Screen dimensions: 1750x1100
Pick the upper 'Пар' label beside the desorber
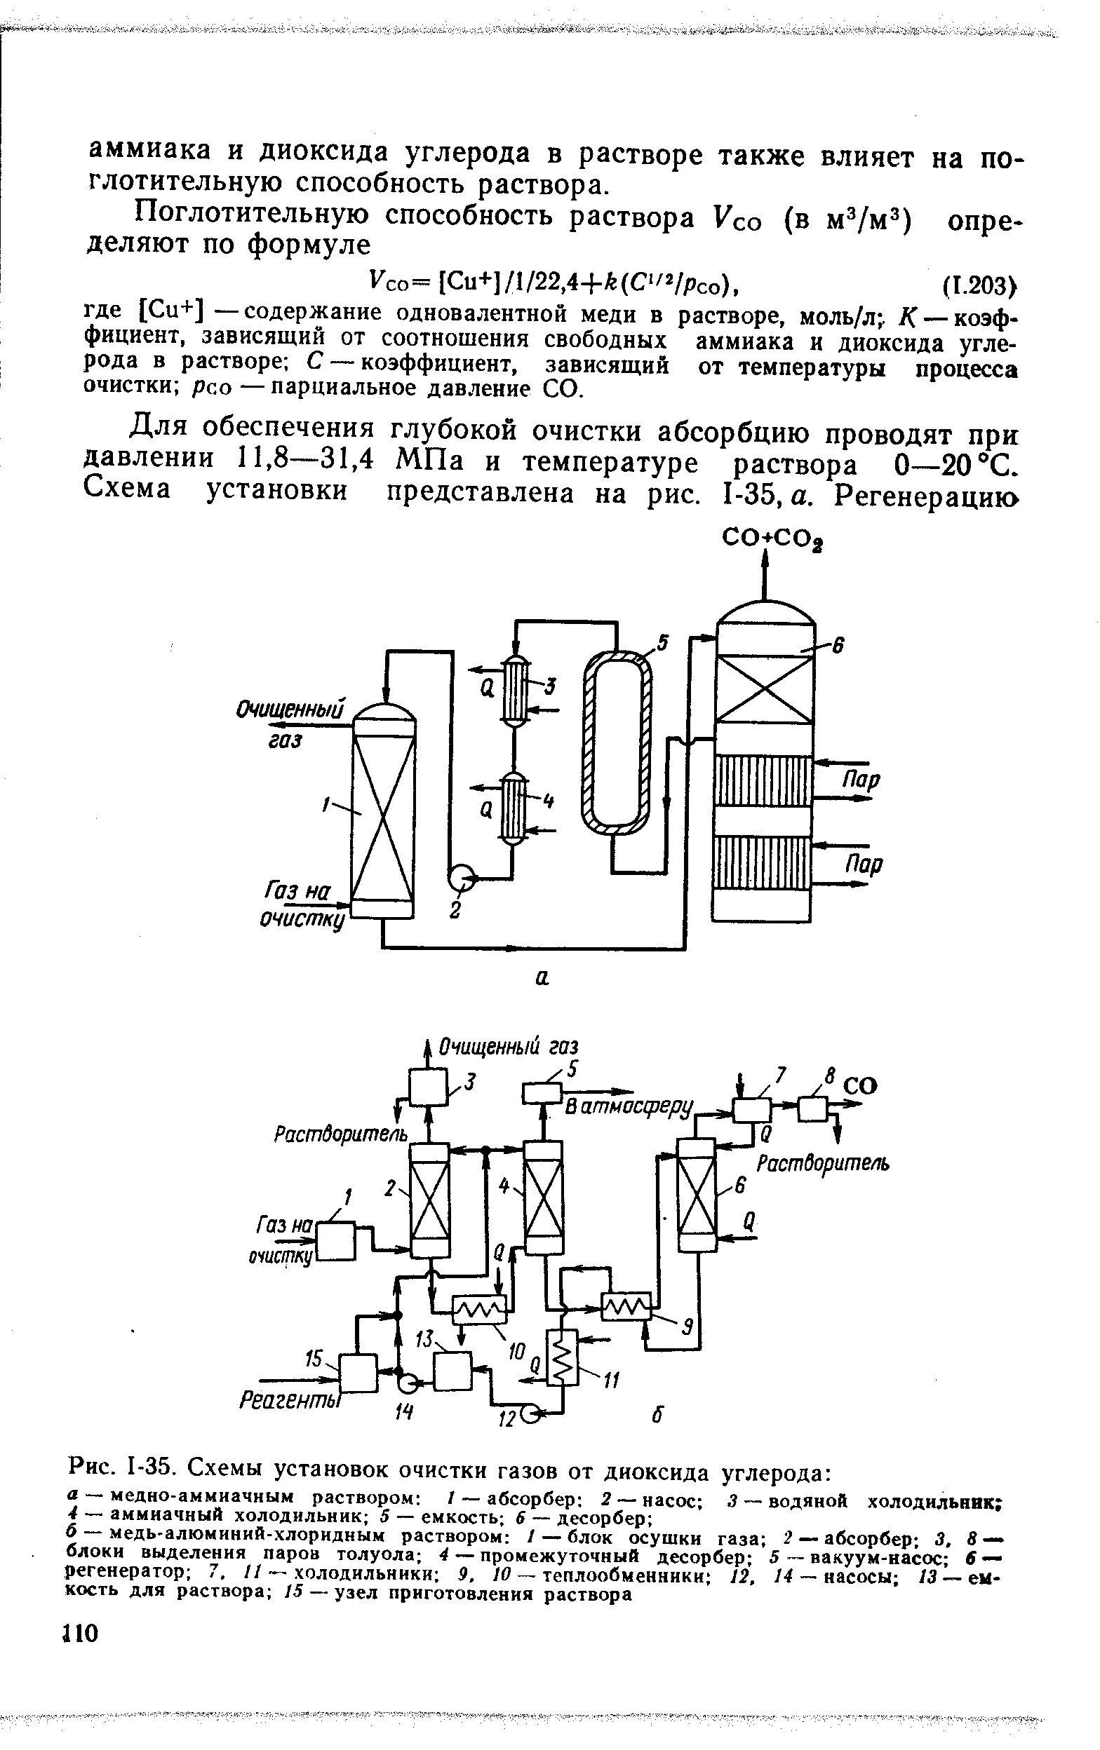point(861,780)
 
